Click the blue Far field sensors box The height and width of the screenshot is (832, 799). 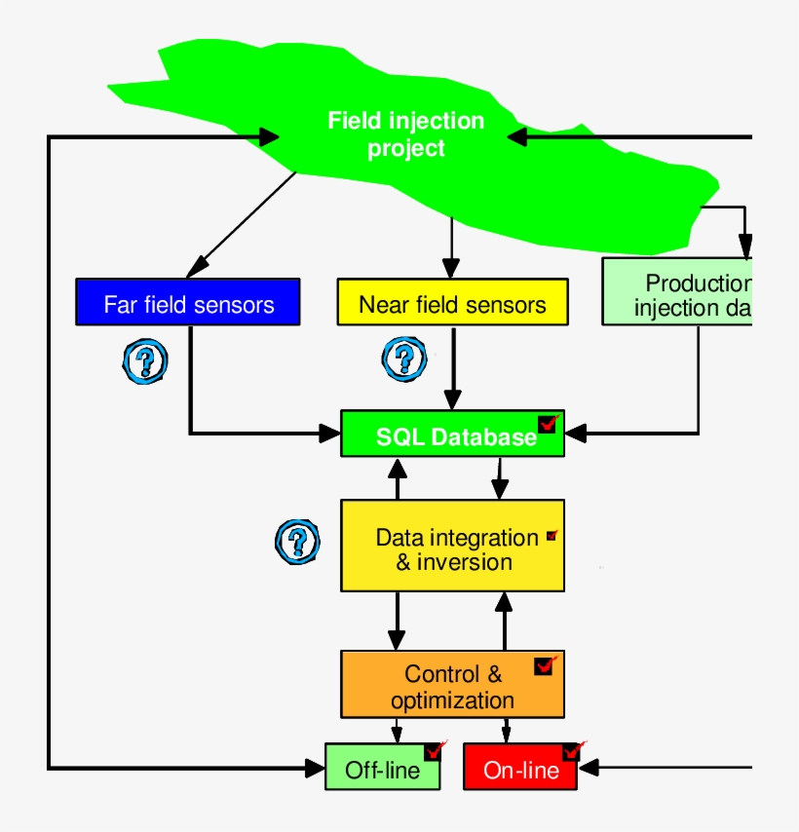[187, 303]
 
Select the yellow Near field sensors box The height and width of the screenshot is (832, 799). [452, 303]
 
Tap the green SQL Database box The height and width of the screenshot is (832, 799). [452, 435]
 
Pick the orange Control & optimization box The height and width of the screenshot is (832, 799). [452, 685]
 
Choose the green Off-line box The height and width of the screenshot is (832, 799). [382, 769]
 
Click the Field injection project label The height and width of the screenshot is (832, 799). [405, 134]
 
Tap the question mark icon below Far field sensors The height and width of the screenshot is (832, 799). [145, 361]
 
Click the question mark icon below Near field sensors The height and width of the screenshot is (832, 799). [403, 359]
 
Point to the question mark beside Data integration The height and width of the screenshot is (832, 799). [297, 541]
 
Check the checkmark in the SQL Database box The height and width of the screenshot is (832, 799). [547, 424]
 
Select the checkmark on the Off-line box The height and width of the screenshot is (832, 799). [434, 750]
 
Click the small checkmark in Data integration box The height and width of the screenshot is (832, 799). [552, 535]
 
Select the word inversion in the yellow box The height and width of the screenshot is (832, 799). [465, 562]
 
